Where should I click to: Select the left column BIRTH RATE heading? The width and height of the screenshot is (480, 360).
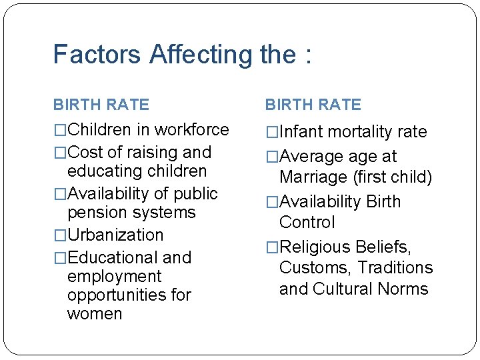pos(101,105)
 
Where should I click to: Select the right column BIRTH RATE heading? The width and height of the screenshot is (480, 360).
pos(313,105)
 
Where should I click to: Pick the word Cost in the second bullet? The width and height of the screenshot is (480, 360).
pos(85,152)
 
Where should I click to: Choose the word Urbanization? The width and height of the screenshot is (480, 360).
pos(115,235)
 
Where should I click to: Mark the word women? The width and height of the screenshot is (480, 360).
pos(95,313)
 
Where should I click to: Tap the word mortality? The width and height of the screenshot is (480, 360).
pos(363,132)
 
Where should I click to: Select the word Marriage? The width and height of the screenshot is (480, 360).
pos(314,177)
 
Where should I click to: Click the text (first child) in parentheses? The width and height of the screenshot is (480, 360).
pos(393,177)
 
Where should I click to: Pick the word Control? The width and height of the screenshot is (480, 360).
pos(307,222)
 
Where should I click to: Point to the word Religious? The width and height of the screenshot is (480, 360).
pos(315,247)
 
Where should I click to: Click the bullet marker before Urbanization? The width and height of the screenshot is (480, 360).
pos(60,235)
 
